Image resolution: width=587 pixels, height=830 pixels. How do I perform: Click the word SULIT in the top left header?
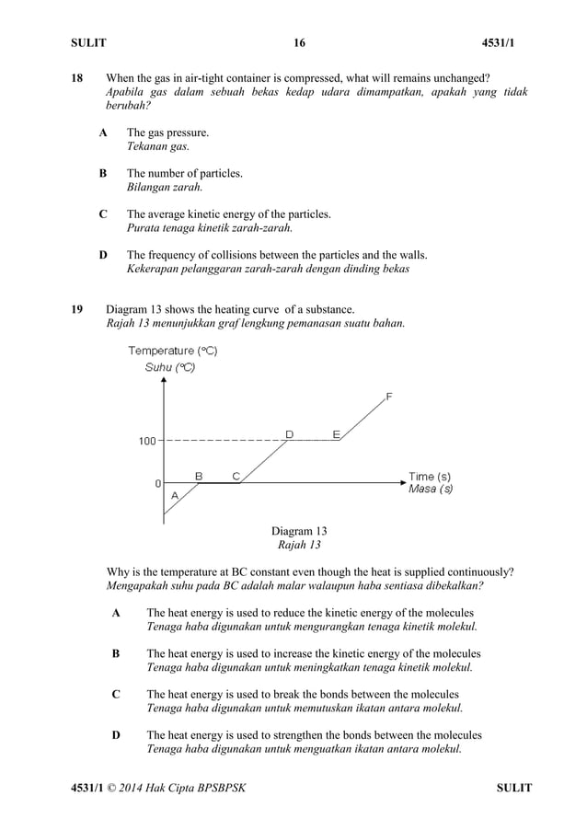point(89,43)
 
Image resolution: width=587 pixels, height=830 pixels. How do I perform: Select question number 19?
point(78,309)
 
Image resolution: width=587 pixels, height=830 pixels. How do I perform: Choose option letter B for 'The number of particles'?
point(103,173)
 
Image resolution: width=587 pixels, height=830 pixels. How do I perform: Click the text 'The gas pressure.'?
point(167,133)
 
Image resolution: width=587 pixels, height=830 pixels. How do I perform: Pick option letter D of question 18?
point(103,254)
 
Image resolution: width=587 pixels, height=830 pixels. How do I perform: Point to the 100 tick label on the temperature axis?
point(147,442)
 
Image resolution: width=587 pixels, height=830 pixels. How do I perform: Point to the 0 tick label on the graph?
point(157,482)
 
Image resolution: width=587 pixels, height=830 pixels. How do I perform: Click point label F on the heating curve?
point(388,397)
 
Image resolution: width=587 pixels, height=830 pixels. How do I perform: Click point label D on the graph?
point(289,433)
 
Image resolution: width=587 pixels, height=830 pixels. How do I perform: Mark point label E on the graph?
point(336,433)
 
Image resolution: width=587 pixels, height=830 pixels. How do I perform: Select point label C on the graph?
point(236,475)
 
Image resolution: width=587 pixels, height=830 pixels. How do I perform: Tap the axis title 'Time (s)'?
point(430,476)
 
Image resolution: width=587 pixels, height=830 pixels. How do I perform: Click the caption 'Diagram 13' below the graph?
point(299,531)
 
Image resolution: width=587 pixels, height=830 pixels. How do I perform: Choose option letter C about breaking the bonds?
point(116,694)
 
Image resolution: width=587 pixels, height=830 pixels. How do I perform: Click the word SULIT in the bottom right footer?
point(513,788)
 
